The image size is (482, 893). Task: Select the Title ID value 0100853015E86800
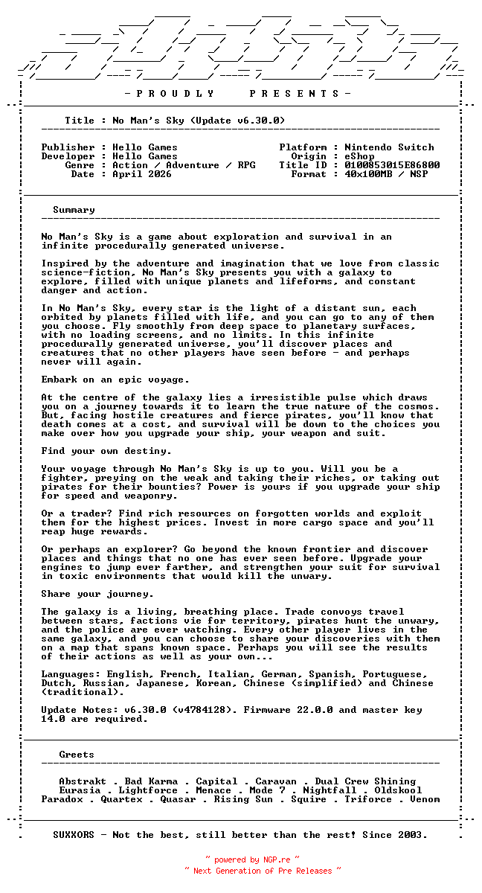coord(392,165)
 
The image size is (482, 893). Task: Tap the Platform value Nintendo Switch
coord(389,147)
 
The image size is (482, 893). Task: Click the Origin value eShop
coord(359,156)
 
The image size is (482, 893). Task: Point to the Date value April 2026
coord(141,174)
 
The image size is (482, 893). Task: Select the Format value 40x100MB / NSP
coord(386,174)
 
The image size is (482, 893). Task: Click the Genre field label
coord(80,165)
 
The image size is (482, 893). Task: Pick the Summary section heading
coord(74,210)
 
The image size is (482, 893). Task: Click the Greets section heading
coord(77,755)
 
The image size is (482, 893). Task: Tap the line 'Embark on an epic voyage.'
coord(115,380)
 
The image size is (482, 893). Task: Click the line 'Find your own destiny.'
coord(106,451)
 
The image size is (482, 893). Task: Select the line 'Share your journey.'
coord(97,594)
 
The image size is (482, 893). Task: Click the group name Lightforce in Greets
coord(148,790)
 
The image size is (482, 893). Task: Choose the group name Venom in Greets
coord(425,799)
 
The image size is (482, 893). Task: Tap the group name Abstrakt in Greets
coord(83,781)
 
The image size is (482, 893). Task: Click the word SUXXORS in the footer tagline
coord(74,835)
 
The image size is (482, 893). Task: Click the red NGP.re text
coord(277,860)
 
